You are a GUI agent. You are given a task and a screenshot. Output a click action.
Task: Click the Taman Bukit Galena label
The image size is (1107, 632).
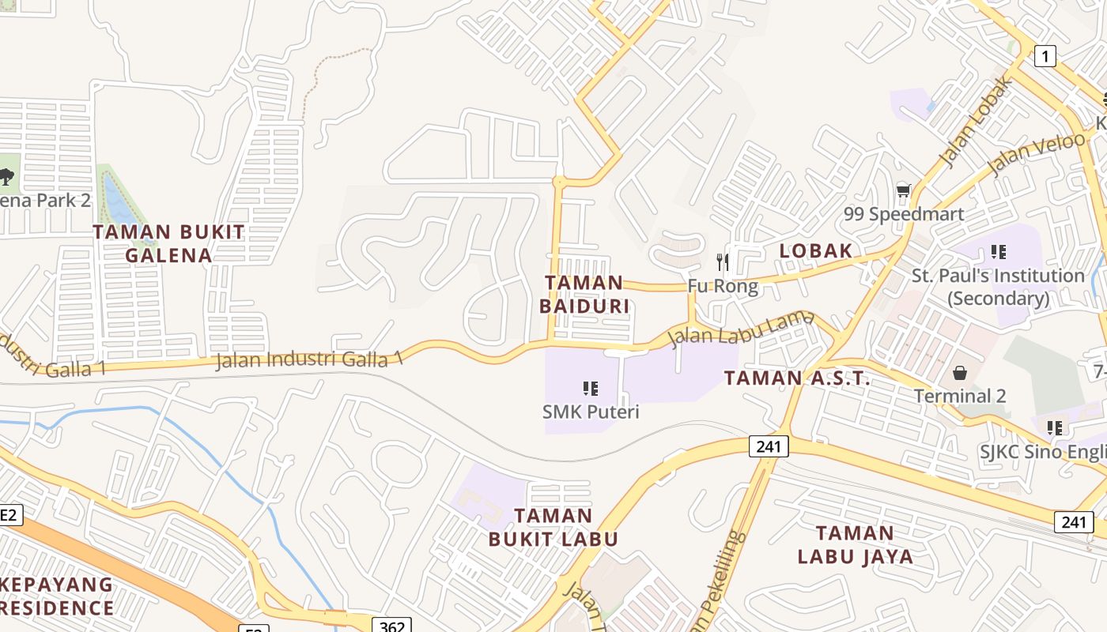168,243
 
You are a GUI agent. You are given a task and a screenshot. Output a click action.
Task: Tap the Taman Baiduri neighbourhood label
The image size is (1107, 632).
585,294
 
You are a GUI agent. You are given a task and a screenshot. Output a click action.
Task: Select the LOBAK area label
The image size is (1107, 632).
815,250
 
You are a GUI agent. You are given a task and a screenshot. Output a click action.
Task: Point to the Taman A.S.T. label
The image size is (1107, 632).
797,378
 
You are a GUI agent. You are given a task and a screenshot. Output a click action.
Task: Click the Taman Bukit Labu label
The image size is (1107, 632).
553,527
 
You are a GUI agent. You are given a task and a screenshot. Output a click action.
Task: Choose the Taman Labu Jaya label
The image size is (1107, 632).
855,544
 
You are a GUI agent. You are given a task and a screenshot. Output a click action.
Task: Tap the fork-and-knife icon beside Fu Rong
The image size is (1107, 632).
722,261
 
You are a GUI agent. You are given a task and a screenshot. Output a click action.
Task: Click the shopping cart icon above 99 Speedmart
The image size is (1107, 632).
903,190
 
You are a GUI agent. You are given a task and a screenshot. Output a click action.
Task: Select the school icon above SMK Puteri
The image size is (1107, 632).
590,388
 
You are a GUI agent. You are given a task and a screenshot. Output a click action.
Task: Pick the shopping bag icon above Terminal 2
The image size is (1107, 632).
960,372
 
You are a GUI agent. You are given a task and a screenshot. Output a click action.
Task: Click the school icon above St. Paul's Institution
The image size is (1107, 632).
998,252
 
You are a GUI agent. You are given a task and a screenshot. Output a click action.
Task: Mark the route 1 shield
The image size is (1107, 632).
1045,56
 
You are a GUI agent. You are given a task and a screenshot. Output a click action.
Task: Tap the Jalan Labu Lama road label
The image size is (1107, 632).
741,328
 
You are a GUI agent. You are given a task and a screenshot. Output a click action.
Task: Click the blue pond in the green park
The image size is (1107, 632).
119,201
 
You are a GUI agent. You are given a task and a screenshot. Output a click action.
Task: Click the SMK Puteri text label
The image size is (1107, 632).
590,412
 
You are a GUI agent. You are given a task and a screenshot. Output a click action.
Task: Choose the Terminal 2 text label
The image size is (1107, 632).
960,395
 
